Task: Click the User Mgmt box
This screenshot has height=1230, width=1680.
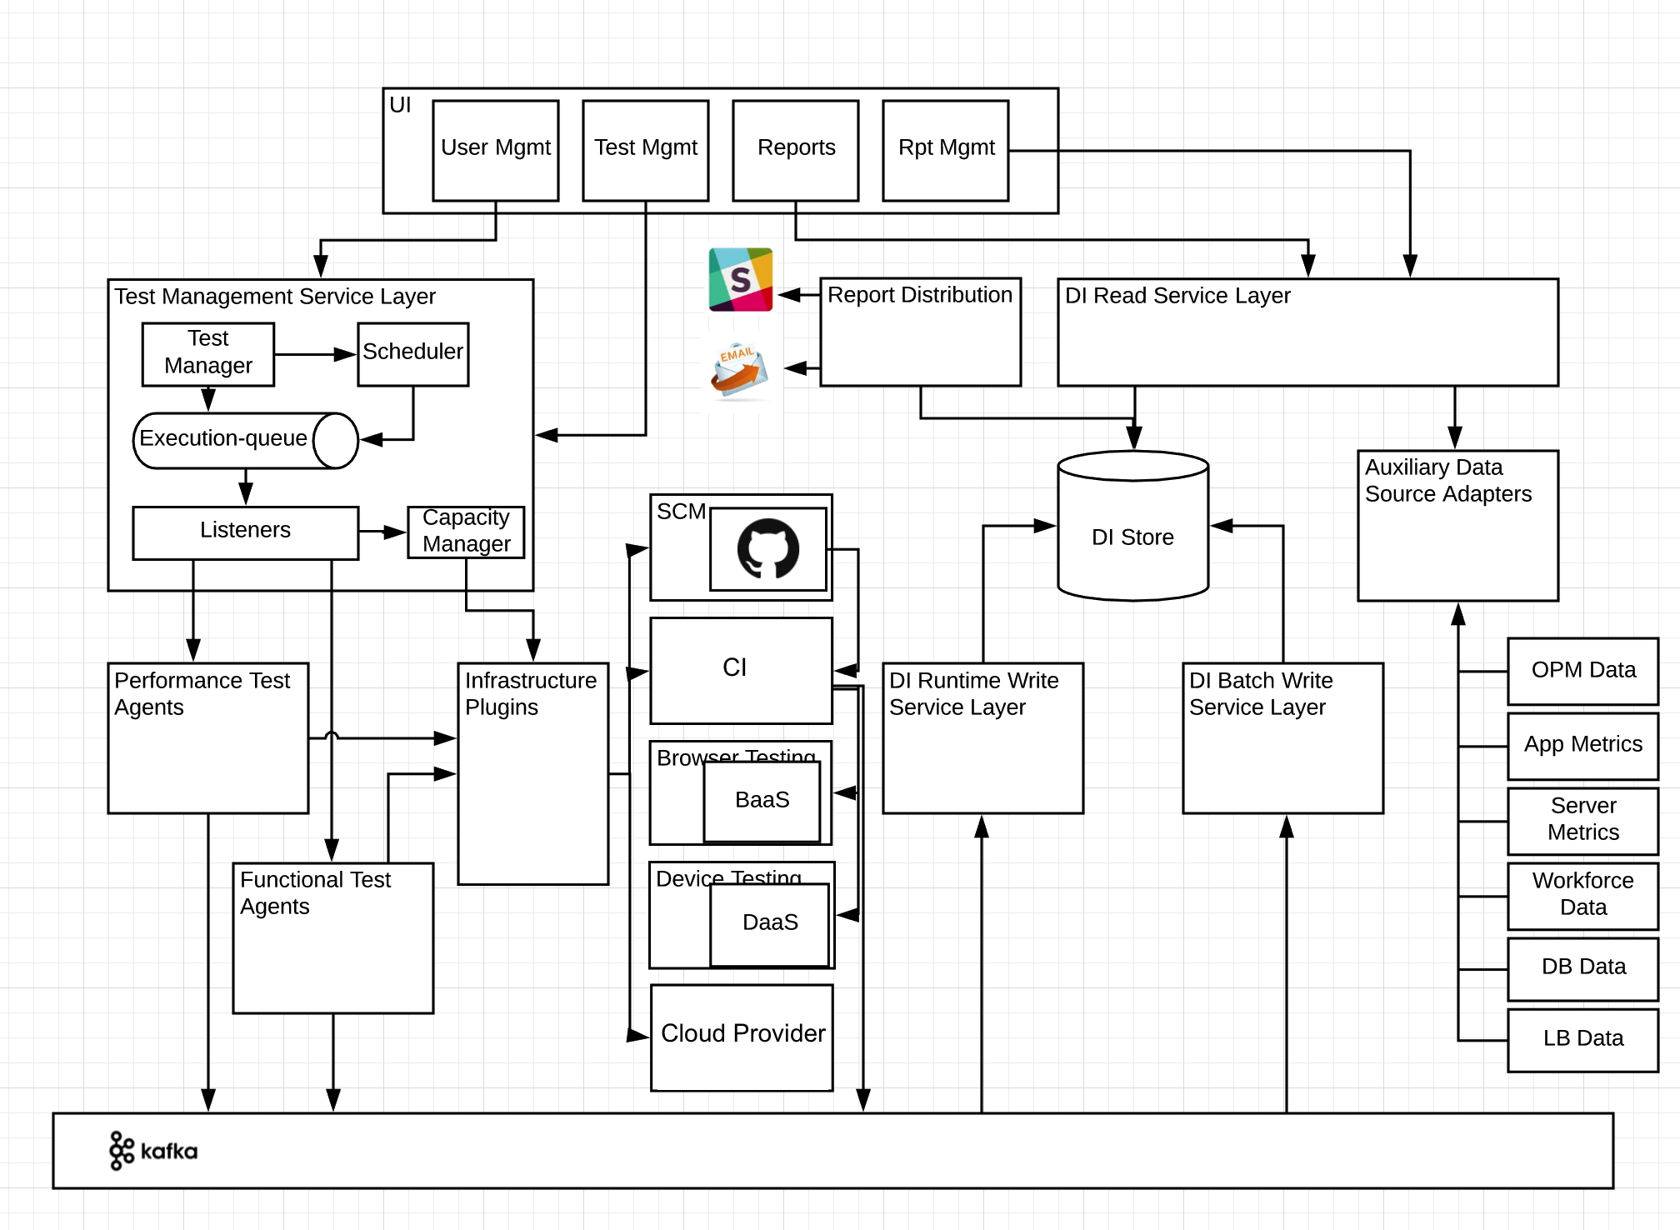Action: (x=495, y=150)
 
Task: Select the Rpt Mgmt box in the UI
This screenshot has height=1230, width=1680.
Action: (x=945, y=150)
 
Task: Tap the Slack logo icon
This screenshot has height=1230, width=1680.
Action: (x=740, y=279)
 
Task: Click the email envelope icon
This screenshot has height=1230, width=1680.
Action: (x=738, y=371)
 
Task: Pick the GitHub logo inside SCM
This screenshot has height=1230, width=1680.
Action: (x=767, y=548)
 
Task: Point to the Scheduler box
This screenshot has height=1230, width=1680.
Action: (x=412, y=354)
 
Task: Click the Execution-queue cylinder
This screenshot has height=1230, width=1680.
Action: (x=245, y=440)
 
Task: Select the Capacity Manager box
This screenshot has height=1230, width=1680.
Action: (x=466, y=532)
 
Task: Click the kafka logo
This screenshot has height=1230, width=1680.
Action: (x=153, y=1151)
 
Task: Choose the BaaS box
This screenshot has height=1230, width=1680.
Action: (x=762, y=801)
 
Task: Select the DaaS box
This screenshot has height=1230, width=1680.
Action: (x=769, y=923)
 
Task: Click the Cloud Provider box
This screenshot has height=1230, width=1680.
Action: (x=742, y=1037)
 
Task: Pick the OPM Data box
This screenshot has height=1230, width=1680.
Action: (x=1582, y=671)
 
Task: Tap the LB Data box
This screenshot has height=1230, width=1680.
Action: (x=1582, y=1039)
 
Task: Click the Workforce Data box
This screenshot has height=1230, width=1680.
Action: (x=1582, y=895)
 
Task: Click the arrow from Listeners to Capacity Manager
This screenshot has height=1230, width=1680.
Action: (x=382, y=532)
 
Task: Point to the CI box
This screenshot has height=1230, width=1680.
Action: (x=741, y=670)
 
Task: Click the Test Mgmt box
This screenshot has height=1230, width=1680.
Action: (x=645, y=150)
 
